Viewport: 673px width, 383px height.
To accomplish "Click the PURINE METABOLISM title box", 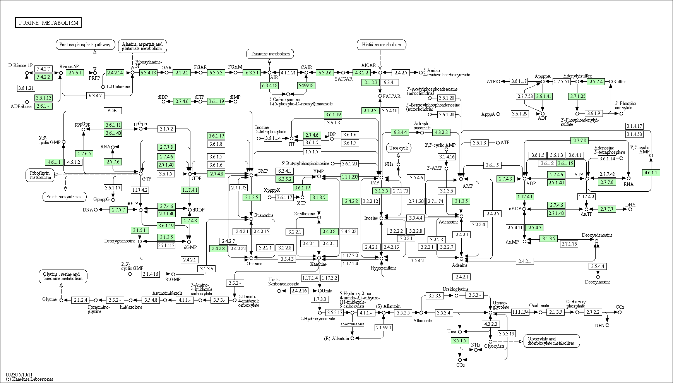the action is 48,23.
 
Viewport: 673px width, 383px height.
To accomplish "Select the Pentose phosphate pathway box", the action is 86,45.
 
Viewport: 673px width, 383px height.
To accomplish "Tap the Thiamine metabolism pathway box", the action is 270,54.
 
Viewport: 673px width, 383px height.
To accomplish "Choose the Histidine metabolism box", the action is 381,45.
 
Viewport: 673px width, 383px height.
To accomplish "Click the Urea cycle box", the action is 399,148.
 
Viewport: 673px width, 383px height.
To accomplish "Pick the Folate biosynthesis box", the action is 64,197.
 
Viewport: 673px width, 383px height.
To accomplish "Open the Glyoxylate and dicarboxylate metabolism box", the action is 551,341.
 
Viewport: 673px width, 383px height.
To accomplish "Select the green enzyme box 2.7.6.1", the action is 75,72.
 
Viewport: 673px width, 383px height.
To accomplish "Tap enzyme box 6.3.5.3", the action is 216,72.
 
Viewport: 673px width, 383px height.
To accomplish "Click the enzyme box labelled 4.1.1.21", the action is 288,72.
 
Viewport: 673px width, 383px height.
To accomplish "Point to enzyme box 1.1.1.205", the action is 350,177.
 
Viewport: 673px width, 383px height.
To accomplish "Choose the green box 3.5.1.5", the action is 459,341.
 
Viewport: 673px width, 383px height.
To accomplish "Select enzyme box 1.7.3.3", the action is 320,299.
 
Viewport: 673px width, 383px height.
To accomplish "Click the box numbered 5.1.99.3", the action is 383,328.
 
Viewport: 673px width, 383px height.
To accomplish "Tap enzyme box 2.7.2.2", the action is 593,312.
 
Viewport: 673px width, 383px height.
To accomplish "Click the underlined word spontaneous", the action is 352,324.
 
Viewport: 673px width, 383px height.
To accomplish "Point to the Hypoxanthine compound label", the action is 384,268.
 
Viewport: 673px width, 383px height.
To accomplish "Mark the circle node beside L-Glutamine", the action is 103,87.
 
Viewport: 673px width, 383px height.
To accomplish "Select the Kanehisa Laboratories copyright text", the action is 30,379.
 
